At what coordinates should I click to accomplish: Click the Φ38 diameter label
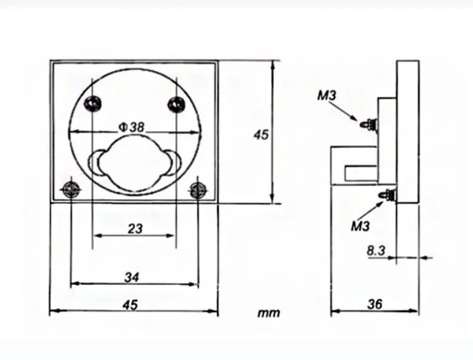[132, 127]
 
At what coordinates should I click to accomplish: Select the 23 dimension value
[135, 229]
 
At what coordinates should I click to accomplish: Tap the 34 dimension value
[132, 277]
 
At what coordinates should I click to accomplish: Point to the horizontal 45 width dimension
[130, 305]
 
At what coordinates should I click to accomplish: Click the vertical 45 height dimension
[261, 135]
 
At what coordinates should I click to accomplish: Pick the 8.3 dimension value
[376, 250]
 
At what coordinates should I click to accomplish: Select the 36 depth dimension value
[374, 304]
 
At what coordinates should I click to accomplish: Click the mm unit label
[269, 313]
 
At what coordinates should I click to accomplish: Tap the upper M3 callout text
[326, 95]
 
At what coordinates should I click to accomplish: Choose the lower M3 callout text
[360, 226]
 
